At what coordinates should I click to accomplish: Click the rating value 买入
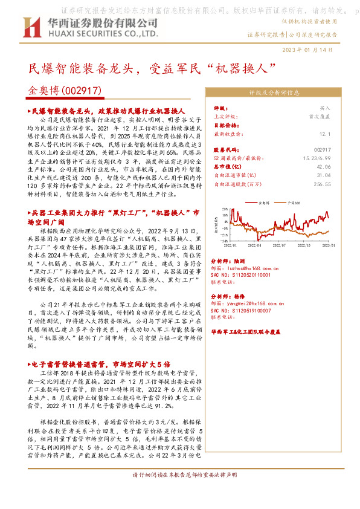(x=325, y=107)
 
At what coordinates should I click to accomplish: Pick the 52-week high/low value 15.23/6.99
(x=317, y=157)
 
